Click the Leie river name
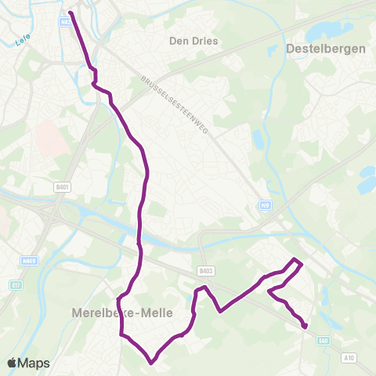21,44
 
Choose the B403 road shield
206,271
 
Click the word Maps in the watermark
34,363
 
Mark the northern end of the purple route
70,13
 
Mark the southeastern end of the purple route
305,327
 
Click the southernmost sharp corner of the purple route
152,362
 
